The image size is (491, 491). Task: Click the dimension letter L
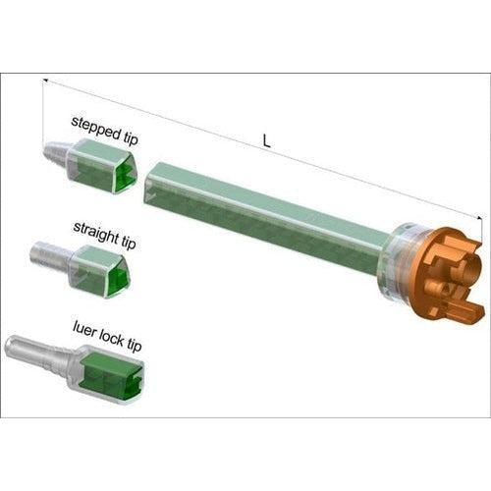click(x=267, y=141)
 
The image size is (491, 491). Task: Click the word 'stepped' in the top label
click(x=96, y=129)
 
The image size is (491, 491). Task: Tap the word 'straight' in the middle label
click(x=96, y=232)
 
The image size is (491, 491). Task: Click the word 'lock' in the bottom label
click(x=112, y=338)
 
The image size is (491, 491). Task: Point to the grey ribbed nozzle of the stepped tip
click(x=56, y=152)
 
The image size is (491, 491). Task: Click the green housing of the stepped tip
click(x=102, y=166)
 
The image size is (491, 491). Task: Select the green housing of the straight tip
click(x=100, y=271)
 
